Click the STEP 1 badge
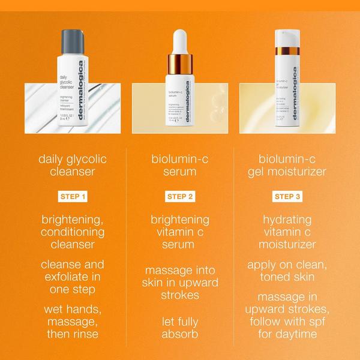71,196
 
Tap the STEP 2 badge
179,196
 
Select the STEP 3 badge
288,196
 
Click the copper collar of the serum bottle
180,65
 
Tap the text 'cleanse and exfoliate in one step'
71,277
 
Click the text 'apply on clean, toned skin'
288,270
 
